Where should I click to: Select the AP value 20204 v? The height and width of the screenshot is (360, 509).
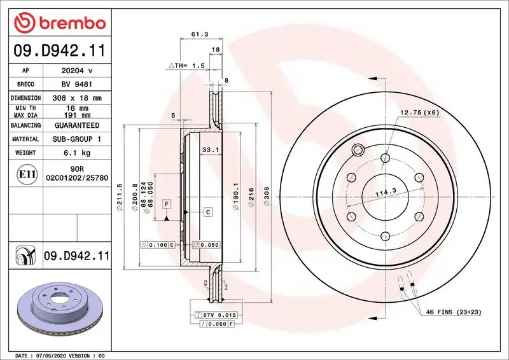coord(76,71)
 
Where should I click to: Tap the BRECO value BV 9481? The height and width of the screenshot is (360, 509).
coord(76,84)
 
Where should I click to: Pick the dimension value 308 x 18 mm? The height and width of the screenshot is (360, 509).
coord(76,98)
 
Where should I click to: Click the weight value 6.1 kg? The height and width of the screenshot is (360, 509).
coord(76,153)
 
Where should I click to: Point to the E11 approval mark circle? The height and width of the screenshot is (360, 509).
coord(27,174)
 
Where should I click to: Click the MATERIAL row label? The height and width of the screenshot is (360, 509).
coord(27,139)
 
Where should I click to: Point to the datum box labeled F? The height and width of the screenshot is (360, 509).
coord(167,204)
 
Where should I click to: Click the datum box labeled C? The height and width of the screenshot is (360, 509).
coord(207,211)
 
